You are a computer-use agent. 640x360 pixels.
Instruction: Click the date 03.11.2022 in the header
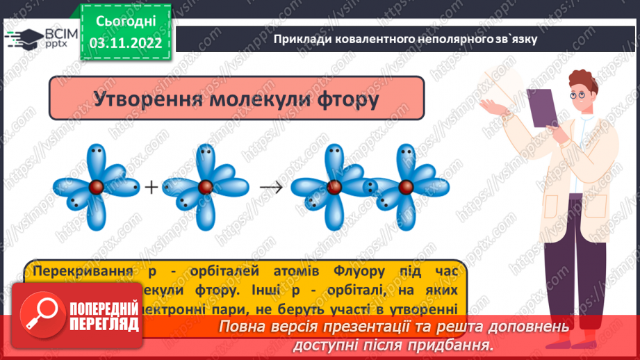pos(125,43)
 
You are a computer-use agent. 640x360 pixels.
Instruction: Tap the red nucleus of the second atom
pos(205,187)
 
